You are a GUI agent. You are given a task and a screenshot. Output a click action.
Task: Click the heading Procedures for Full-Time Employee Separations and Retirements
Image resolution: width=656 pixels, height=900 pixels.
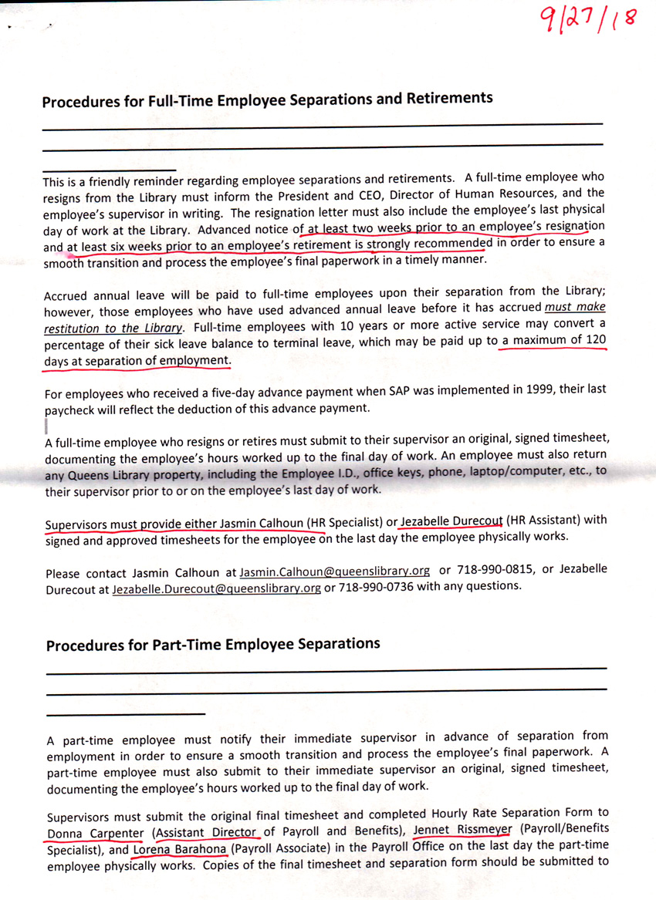(267, 99)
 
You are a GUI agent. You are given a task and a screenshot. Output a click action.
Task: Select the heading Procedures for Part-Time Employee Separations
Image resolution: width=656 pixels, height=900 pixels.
(213, 644)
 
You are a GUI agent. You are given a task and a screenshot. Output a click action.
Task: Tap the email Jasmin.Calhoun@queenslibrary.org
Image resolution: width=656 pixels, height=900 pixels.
(334, 571)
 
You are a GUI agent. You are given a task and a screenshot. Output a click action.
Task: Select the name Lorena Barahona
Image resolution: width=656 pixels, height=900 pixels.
(180, 848)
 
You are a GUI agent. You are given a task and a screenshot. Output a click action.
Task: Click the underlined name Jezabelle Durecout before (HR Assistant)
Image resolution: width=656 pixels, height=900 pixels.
(451, 521)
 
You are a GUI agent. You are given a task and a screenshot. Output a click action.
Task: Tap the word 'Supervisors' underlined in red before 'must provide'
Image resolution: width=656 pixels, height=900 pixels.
(76, 524)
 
